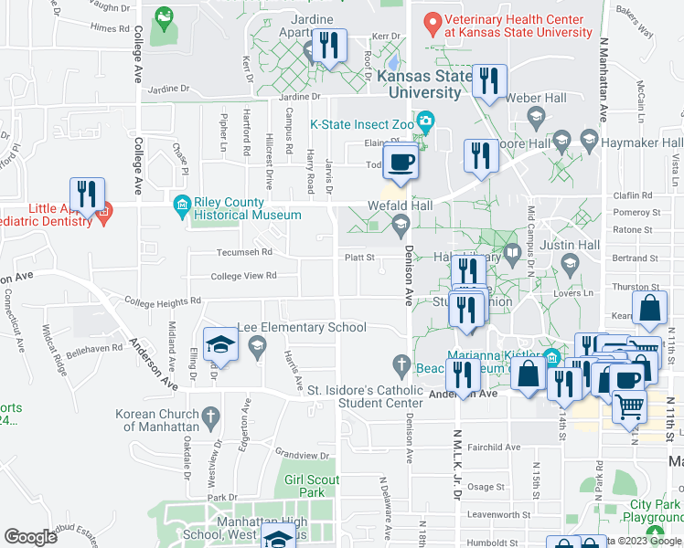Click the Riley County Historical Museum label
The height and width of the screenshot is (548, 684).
click(x=247, y=208)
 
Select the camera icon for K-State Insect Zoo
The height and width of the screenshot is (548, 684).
click(x=425, y=121)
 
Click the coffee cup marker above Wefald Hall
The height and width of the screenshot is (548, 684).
click(x=401, y=163)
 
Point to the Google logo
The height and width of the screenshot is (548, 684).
click(x=31, y=536)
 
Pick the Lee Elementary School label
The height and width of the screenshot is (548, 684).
click(x=302, y=327)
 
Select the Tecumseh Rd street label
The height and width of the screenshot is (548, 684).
click(x=244, y=252)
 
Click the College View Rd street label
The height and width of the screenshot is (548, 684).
click(x=243, y=276)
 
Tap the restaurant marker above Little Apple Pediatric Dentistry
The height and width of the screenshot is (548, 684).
click(x=88, y=195)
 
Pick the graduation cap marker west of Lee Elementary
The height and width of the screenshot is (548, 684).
click(x=220, y=345)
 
